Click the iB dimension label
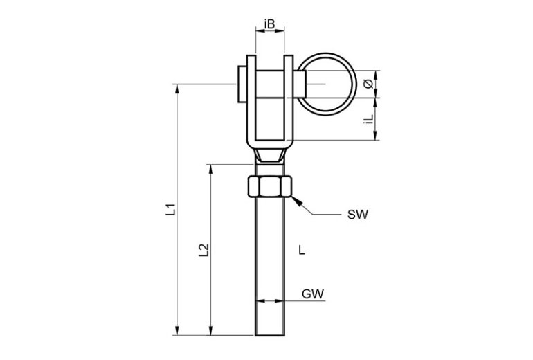[x=270, y=24]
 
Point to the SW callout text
[x=356, y=215]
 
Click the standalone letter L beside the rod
[x=300, y=249]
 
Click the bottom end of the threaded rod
[x=270, y=334]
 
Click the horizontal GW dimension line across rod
[x=270, y=301]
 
